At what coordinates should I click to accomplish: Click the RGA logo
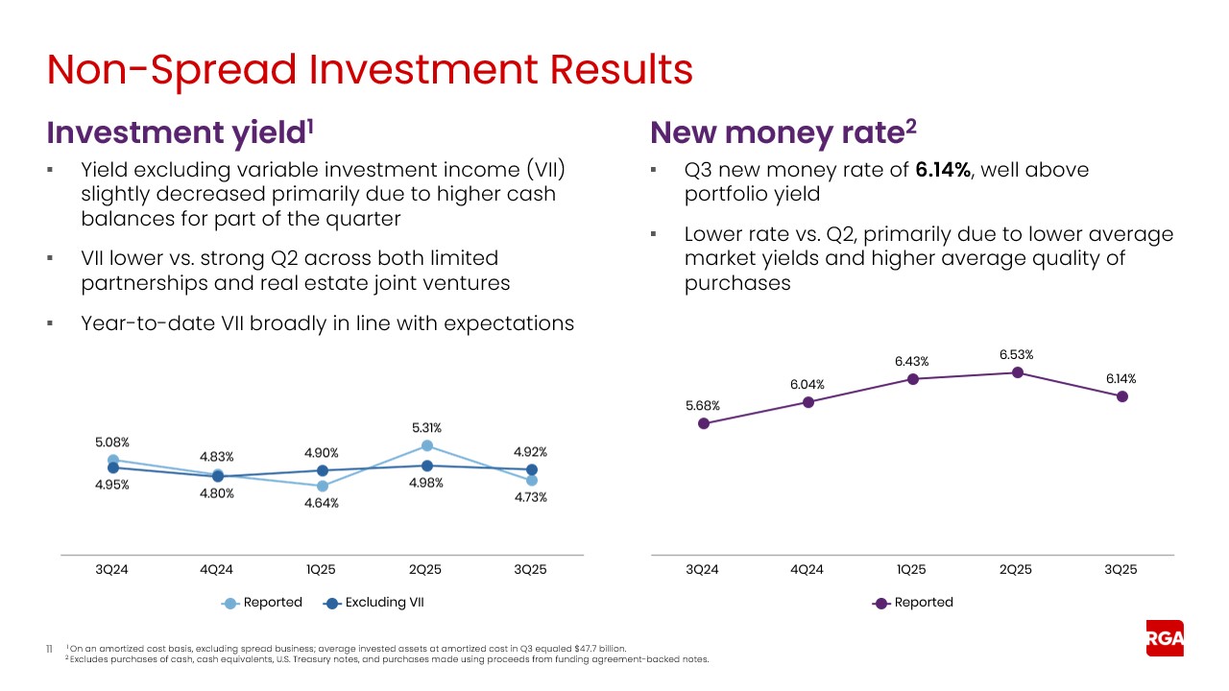click(x=1165, y=639)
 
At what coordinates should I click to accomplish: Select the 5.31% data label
click(x=425, y=428)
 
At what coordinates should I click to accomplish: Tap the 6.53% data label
click(x=1016, y=355)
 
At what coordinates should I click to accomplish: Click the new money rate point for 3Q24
click(x=704, y=423)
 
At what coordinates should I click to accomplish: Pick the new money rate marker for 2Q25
click(x=1017, y=372)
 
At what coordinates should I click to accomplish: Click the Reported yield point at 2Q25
click(x=426, y=445)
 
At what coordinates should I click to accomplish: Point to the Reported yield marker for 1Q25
click(x=322, y=486)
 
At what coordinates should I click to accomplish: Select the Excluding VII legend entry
click(x=374, y=603)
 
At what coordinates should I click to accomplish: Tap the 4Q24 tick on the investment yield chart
click(x=217, y=569)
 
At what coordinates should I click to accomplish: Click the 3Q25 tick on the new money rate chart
click(x=1121, y=569)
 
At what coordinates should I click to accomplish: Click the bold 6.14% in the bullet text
click(x=941, y=171)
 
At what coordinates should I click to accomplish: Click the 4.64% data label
click(x=321, y=505)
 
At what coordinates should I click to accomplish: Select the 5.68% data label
click(x=703, y=406)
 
